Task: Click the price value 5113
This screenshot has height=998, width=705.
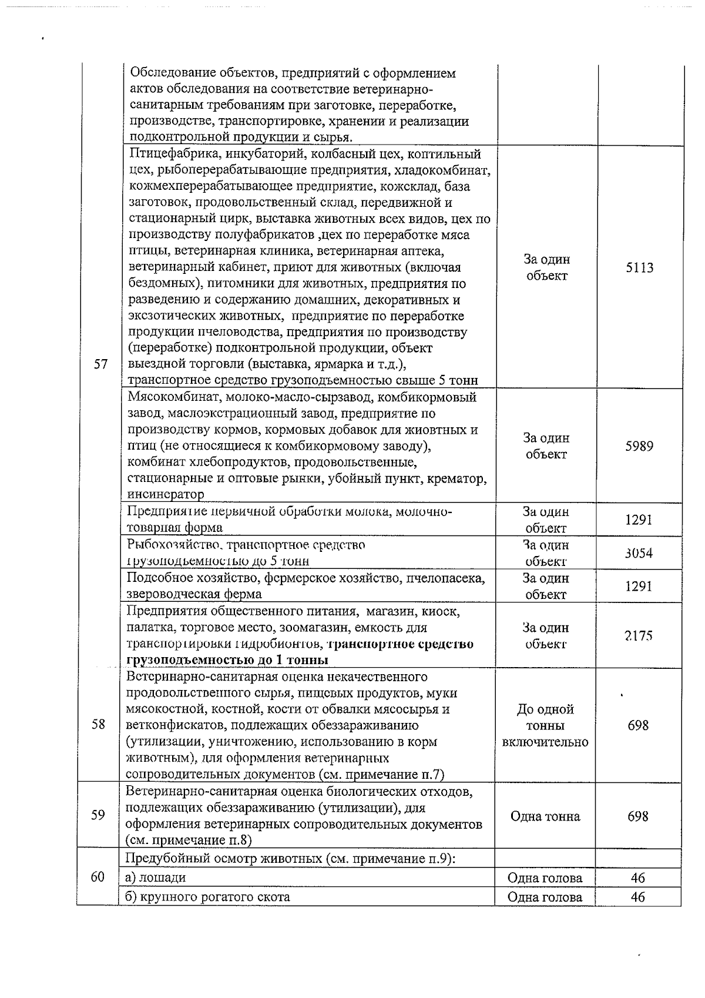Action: coord(639,268)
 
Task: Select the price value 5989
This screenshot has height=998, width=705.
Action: coord(639,446)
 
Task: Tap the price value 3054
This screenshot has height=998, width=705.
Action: coord(639,553)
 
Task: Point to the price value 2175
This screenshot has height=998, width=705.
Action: coord(639,636)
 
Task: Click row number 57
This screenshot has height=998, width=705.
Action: coord(100,364)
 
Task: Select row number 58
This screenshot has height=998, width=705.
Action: coord(98,724)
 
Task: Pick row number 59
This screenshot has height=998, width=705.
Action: coord(98,815)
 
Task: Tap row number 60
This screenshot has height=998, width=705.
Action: coord(98,877)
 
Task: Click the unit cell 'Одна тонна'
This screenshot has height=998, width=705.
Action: coord(545,816)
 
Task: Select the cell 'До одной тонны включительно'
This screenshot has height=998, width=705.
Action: coord(545,725)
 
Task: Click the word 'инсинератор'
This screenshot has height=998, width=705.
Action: coord(166,494)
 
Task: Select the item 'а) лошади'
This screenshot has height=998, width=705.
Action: coord(156,878)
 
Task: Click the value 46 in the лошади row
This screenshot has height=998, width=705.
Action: coord(638,878)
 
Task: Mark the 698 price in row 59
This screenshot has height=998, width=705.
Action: coord(638,816)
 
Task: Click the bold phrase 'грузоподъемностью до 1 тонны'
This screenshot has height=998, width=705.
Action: coord(227,660)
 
